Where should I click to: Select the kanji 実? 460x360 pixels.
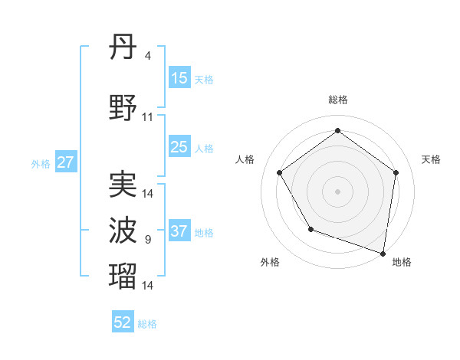[123, 185]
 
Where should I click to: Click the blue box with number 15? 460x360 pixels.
[179, 78]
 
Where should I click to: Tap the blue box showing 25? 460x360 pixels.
[179, 147]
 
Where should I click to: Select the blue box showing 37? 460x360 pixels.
[179, 231]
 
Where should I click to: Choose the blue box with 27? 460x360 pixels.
[65, 162]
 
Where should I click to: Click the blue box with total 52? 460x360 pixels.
[123, 322]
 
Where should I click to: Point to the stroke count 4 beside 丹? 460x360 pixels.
[147, 55]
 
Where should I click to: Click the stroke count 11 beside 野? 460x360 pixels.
[148, 117]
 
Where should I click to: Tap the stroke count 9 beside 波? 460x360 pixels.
[147, 240]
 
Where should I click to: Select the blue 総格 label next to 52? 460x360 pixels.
[147, 324]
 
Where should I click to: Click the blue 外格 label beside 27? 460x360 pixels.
[41, 164]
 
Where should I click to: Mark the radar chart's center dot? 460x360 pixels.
[337, 191]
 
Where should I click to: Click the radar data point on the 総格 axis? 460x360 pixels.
[337, 131]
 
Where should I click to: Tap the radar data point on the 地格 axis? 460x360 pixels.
[383, 253]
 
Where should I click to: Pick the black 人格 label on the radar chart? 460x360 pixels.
[245, 159]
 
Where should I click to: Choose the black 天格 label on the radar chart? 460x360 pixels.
[431, 159]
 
